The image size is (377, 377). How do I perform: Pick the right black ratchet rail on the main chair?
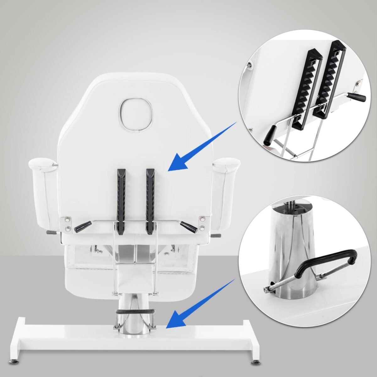coord(150,201)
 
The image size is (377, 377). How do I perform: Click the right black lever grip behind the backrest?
coord(189,227)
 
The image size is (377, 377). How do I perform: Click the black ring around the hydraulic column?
coord(135,311)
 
